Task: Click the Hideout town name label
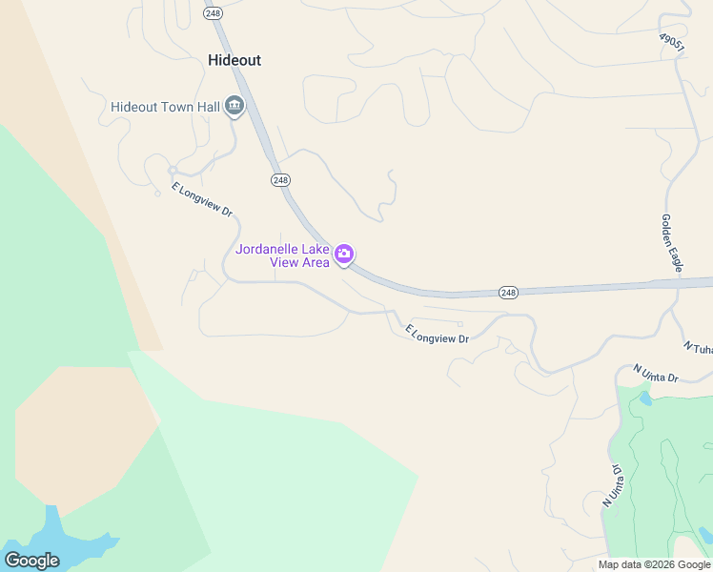pos(234,60)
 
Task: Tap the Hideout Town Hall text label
pos(165,107)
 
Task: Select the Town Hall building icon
pos(234,107)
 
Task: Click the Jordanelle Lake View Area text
pos(283,255)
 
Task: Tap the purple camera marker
pos(344,255)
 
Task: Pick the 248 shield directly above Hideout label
pos(213,13)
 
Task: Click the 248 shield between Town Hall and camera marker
pos(279,180)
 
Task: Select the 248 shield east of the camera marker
pos(508,292)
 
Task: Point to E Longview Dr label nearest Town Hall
pos(202,200)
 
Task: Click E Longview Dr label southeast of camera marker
pos(438,335)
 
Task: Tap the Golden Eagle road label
pos(672,243)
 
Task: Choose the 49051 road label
pos(672,44)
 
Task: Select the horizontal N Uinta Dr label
pos(656,373)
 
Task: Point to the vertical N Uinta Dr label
pos(611,487)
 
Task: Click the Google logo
pos(31,561)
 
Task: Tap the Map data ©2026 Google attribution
pos(655,564)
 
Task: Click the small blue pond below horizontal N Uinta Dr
pos(645,399)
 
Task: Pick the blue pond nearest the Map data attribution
pos(704,535)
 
